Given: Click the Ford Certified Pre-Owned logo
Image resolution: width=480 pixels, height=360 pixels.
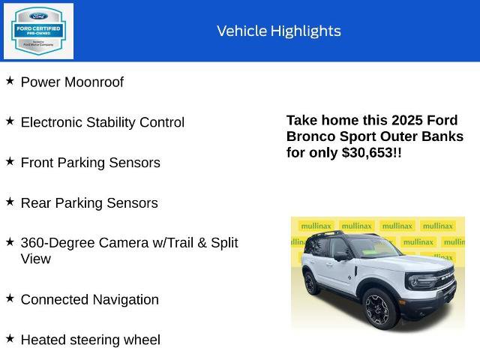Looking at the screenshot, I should pos(38,31).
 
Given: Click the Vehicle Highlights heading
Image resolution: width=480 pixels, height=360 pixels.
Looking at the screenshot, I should pos(278,31).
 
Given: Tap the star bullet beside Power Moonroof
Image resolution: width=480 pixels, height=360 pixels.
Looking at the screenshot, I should pos(10,80).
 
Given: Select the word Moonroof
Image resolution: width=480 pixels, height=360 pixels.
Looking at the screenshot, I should pos(94,82).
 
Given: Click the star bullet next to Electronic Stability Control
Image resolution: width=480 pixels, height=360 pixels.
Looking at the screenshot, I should pos(10,121).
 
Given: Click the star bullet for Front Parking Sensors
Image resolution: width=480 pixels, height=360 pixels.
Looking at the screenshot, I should pos(10,161).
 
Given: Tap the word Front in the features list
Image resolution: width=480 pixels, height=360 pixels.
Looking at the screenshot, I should pos(37,163).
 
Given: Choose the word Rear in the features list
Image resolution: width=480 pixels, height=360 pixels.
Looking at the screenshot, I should pos(35,203).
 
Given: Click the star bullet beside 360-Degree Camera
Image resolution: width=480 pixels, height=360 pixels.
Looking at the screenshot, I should pos(10,241).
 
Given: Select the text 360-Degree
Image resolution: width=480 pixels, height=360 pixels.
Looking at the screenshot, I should pos(55,243).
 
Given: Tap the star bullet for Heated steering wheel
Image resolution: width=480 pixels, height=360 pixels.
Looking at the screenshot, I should pos(10,338).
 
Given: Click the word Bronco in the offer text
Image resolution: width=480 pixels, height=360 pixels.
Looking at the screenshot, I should pos(308,136).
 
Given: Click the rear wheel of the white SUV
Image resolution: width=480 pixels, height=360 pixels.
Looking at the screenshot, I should pos(311,283).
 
